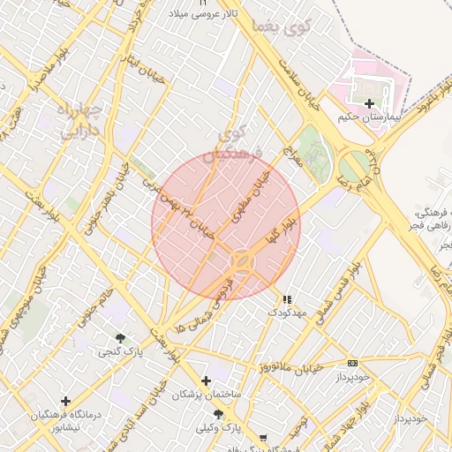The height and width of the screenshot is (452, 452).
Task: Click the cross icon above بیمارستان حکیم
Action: coord(369,103)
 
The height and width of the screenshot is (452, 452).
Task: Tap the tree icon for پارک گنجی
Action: coord(120,338)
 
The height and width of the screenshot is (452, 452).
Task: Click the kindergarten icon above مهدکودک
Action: coord(286,299)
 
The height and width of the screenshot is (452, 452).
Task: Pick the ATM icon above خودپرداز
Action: coord(353,363)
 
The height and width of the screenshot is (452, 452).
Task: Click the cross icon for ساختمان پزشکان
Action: coord(206,380)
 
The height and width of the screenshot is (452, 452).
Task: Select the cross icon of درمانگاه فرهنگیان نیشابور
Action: coord(65,401)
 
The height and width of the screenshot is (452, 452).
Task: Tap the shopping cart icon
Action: coord(262,438)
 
